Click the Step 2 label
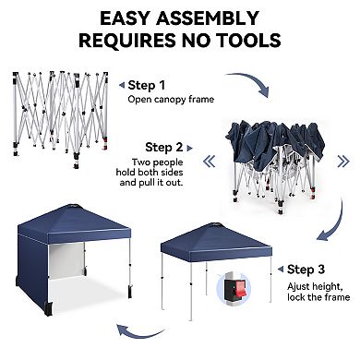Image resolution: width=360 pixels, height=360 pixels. coord(169,146)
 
